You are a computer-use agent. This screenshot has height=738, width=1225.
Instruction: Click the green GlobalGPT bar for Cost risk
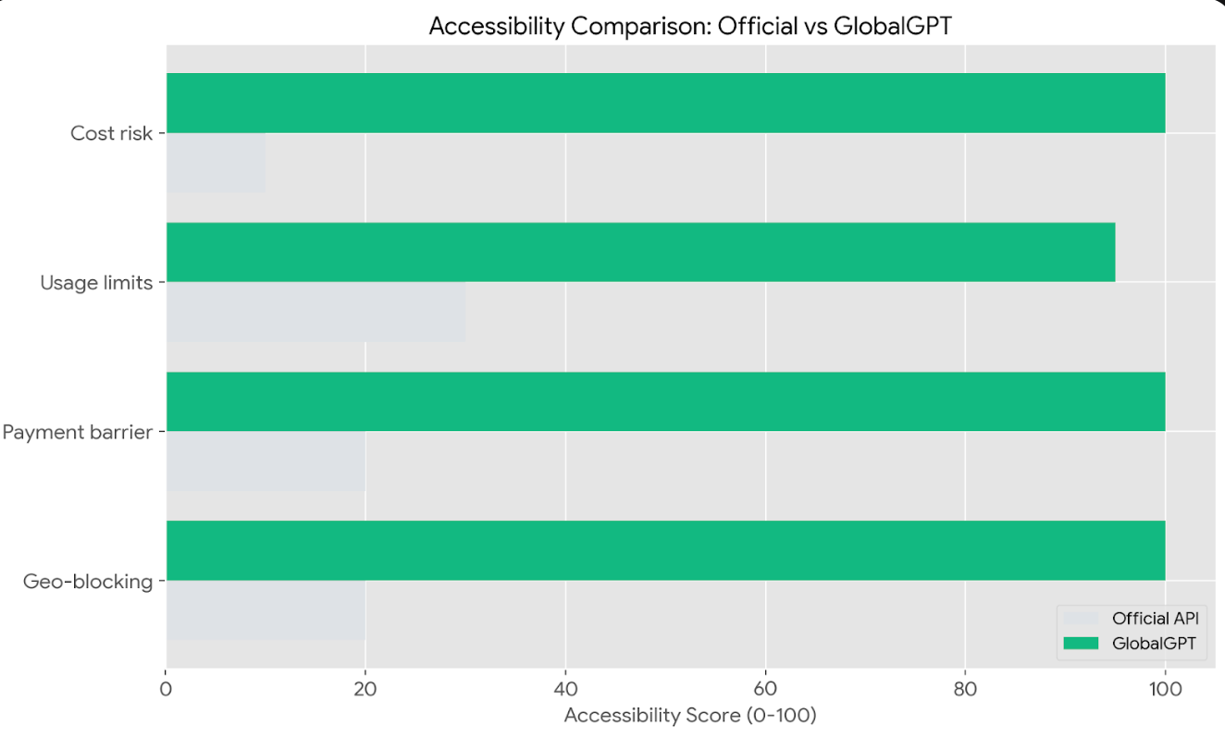coord(665,103)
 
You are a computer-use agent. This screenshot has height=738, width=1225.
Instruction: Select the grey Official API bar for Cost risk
coord(216,163)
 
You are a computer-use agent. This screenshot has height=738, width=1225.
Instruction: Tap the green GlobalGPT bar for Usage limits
coord(640,252)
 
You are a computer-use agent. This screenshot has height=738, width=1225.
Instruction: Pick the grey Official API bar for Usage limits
coord(316,312)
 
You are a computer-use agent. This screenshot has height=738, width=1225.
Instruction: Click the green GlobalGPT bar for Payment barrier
coord(665,401)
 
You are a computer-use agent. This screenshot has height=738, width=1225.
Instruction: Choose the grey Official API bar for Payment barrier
coord(266,461)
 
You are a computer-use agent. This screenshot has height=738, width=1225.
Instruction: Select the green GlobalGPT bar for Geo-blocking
coord(665,550)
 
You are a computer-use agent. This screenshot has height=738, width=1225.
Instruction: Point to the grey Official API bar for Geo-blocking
coord(266,610)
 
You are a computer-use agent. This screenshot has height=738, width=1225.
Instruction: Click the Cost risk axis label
coord(111,133)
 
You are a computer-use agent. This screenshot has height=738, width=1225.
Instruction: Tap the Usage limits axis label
coord(96,283)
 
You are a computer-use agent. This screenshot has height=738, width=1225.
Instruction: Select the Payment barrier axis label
coord(78,432)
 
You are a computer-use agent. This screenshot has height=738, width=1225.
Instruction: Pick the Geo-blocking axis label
coord(88,582)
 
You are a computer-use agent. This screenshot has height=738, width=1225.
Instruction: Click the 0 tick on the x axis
coord(167,689)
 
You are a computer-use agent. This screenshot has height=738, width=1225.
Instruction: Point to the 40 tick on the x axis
coord(565,689)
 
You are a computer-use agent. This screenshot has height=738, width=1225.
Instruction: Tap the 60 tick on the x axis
coord(765,689)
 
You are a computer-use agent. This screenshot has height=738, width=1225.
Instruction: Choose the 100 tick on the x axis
coord(1165,689)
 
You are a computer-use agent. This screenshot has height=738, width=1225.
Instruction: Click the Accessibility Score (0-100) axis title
coord(690,716)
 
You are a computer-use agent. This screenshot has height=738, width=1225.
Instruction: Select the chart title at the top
coord(690,27)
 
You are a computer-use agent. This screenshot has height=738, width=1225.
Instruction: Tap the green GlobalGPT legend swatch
coord(1081,644)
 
